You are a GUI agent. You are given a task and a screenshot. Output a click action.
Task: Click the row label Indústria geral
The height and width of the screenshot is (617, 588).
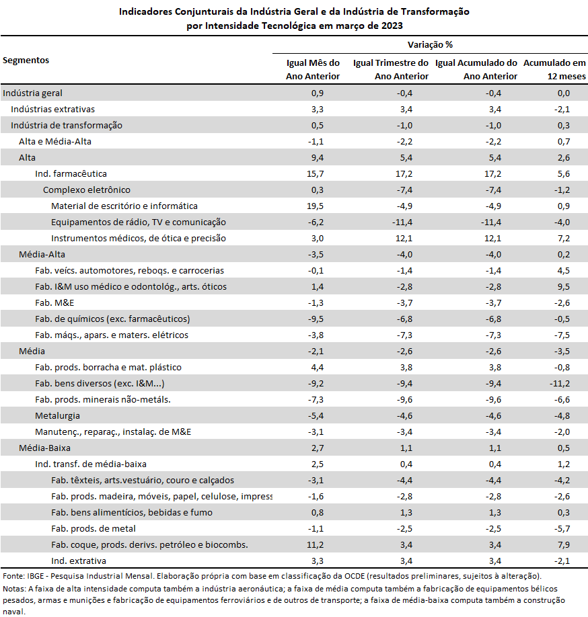tap(33, 93)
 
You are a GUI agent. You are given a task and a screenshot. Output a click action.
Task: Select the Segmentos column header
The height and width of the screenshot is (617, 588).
tap(26, 60)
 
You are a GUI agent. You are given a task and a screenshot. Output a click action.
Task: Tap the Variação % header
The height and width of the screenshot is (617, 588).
tap(430, 45)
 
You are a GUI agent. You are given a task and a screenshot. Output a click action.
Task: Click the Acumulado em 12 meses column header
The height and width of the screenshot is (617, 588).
tap(554, 70)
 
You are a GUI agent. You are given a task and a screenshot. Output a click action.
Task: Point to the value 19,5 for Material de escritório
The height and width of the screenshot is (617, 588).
tap(315, 206)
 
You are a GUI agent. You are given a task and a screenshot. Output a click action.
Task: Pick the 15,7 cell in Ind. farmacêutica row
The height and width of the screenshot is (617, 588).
tap(315, 174)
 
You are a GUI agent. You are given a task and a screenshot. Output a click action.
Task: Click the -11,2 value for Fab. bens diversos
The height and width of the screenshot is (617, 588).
tap(560, 384)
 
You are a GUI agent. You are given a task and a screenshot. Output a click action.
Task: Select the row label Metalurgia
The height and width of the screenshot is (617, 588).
tap(57, 416)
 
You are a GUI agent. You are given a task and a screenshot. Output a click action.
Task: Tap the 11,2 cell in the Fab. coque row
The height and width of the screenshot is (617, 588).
tap(315, 545)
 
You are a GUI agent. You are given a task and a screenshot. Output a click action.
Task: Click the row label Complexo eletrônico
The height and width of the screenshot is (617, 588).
tap(87, 190)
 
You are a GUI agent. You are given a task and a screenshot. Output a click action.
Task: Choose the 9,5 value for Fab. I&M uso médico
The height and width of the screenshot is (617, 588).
tap(564, 287)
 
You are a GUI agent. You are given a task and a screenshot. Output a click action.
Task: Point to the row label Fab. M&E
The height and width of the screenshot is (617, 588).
tap(54, 303)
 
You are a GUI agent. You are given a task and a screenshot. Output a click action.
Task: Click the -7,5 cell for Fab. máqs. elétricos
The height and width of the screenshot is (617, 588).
tap(562, 335)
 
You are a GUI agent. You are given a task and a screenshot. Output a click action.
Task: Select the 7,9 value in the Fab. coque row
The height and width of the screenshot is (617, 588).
tap(564, 545)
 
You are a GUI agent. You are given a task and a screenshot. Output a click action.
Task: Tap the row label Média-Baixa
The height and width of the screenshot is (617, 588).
tap(44, 448)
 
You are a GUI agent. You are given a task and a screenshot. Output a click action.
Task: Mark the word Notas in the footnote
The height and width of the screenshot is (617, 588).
tap(13, 589)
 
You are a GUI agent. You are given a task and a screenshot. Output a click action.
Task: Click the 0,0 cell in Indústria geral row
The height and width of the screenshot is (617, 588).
tap(564, 93)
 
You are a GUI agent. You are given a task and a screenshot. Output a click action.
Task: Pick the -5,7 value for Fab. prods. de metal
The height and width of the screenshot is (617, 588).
tap(562, 529)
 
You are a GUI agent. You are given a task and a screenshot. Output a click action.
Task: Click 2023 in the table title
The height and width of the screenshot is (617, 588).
tap(392, 26)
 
